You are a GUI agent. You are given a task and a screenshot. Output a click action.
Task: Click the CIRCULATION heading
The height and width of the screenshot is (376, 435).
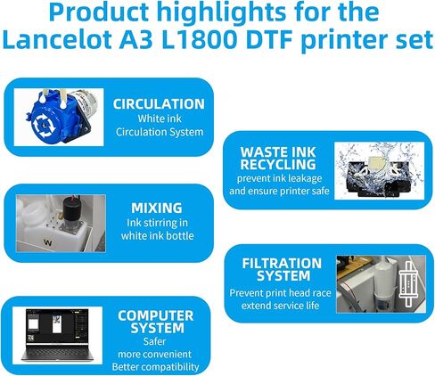click(x=159, y=104)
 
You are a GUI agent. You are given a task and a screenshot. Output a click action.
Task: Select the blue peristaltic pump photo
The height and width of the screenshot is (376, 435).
click(x=59, y=117)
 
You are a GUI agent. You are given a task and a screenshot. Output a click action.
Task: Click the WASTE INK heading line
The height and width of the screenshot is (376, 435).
click(x=278, y=152)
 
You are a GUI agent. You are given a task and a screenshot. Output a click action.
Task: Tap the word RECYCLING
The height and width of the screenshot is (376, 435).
click(x=278, y=165)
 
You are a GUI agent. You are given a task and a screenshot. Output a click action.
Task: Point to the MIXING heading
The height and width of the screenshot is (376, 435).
click(x=157, y=208)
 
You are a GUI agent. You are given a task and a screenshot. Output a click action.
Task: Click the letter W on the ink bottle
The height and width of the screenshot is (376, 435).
click(x=47, y=242)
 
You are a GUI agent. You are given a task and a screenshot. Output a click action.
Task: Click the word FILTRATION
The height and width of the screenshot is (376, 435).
click(x=282, y=264)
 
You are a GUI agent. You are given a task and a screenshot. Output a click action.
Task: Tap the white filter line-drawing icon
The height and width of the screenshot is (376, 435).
click(x=408, y=284)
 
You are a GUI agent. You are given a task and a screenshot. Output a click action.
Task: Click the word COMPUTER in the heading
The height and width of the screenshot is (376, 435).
click(x=155, y=315)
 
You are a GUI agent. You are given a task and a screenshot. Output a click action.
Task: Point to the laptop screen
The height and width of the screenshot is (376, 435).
click(x=57, y=326)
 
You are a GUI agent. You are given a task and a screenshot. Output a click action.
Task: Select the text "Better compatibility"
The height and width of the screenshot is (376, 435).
click(x=155, y=367)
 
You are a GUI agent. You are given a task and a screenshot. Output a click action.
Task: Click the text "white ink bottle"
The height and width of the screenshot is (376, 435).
click(x=157, y=236)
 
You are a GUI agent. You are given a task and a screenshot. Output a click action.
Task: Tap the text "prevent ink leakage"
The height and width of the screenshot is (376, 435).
click(x=279, y=178)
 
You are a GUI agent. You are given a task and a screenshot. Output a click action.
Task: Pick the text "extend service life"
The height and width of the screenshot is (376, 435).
click(x=280, y=306)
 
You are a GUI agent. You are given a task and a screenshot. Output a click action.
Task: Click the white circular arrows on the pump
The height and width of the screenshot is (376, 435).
click(x=45, y=126)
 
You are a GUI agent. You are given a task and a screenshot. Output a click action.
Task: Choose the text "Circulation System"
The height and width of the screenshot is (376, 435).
click(x=160, y=132)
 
